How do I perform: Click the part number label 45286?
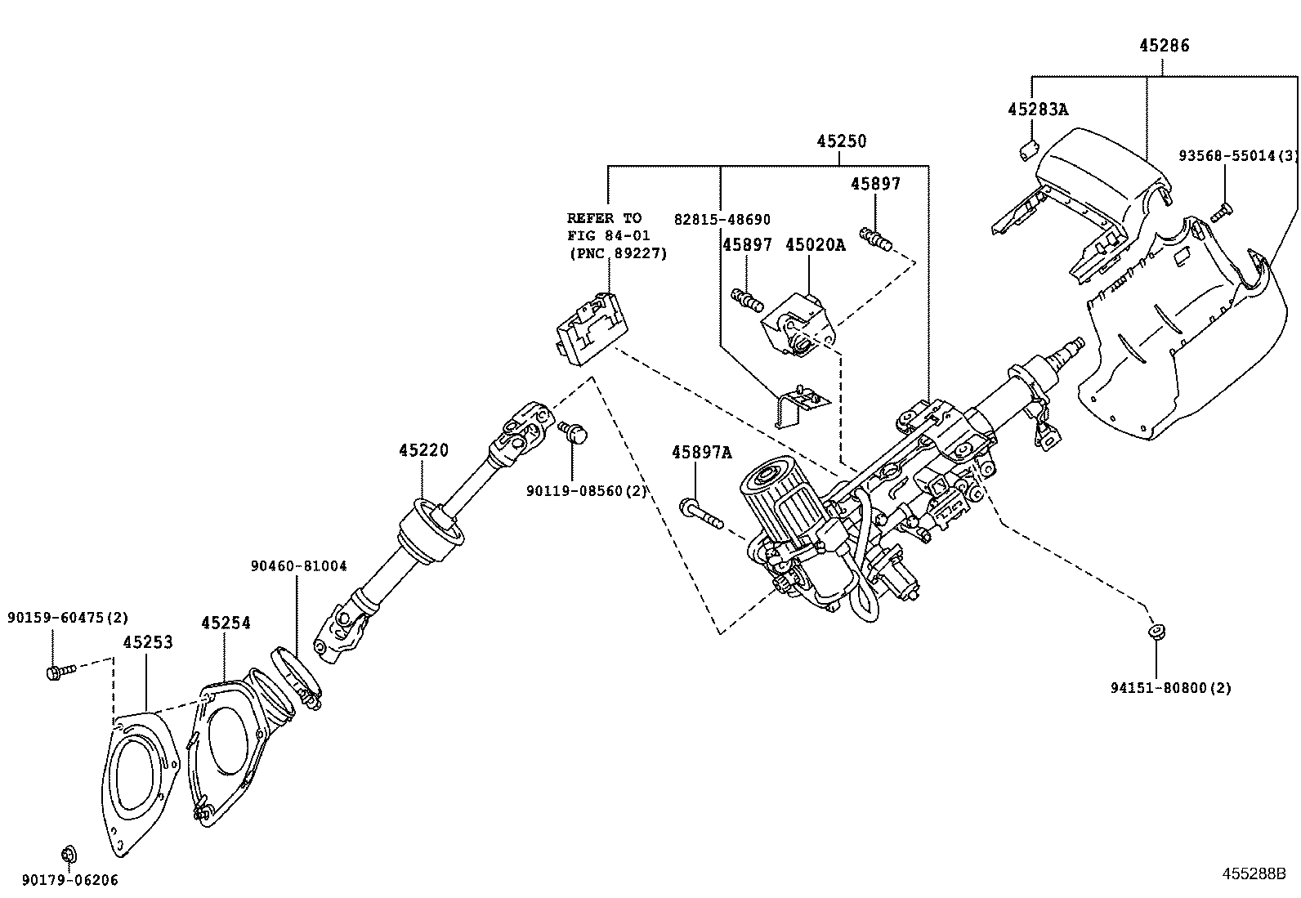point(1164,46)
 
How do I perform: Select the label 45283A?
point(1037,109)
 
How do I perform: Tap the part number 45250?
point(841,141)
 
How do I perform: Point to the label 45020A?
point(815,244)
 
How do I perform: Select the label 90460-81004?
point(298,565)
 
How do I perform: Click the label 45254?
point(226,623)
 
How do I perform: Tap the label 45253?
point(148,642)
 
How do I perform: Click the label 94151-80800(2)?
point(1170,688)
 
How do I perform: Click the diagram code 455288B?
point(1254,873)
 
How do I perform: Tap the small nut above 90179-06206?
point(69,855)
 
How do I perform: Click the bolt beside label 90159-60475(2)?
point(60,672)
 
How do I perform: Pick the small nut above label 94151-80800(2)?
point(1156,631)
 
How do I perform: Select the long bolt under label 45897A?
point(700,513)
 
